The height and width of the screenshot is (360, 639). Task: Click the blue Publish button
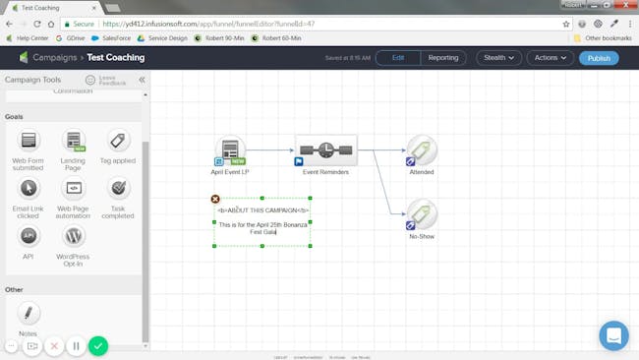point(599,58)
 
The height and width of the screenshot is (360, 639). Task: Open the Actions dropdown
point(551,58)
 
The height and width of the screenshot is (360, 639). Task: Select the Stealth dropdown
point(498,58)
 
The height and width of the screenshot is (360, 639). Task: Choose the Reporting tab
point(443,58)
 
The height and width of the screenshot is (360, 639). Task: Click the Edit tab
point(398,58)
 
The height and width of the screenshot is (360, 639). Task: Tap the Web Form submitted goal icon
point(29,141)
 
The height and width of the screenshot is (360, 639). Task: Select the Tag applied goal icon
point(119,141)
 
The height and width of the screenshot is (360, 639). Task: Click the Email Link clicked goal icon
point(29,188)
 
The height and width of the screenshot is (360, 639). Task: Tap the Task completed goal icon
point(119,188)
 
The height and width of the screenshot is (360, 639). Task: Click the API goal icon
point(29,236)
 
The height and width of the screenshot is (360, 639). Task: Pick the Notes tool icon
point(29,313)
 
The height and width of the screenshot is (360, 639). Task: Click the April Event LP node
point(231,150)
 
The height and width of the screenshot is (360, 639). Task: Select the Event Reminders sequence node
point(325,150)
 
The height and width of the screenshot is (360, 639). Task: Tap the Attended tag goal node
point(422,150)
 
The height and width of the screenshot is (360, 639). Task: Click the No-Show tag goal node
point(422,214)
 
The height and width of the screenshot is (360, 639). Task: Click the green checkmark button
point(98,345)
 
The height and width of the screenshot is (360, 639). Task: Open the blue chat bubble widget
point(613,335)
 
